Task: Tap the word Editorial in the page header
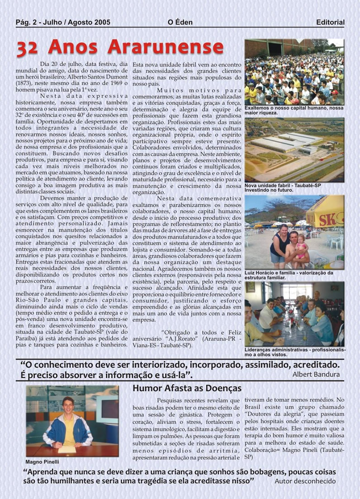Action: click(x=330, y=22)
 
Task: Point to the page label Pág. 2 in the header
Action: click(x=28, y=22)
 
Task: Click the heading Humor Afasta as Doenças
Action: click(x=187, y=388)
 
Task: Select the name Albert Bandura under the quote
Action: click(x=316, y=374)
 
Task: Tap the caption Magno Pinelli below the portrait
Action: click(x=42, y=462)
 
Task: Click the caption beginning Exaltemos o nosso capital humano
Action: click(x=294, y=110)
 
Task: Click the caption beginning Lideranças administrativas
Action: click(x=294, y=352)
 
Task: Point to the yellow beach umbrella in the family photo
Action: click(x=326, y=212)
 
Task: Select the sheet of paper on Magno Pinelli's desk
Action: click(x=66, y=449)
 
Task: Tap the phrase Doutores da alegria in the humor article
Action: click(x=268, y=414)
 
